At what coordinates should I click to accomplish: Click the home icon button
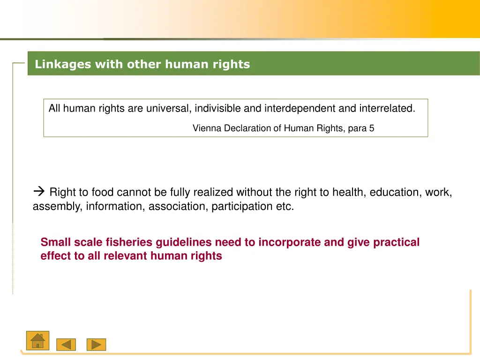pos(37,340)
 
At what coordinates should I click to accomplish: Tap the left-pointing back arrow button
pos(66,345)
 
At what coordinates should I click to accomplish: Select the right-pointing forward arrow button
pos(96,345)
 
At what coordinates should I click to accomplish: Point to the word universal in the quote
pos(168,108)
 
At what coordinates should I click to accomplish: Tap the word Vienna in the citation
pos(207,128)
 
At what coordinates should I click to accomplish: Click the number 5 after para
pos(371,128)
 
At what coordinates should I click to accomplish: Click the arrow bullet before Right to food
pos(39,192)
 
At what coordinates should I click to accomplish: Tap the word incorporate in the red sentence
pos(289,242)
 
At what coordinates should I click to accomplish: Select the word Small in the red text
pos(54,242)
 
